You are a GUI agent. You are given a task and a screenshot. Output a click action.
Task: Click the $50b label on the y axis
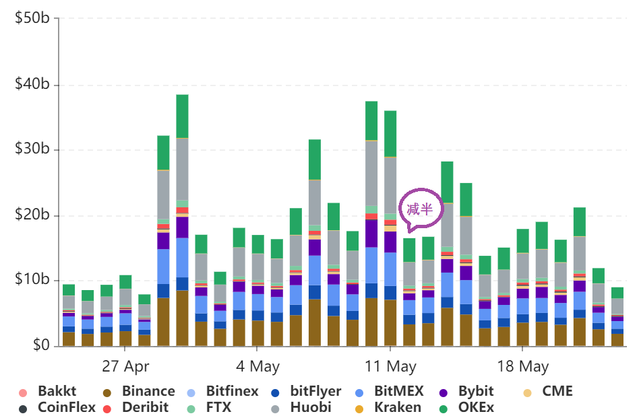[32, 18]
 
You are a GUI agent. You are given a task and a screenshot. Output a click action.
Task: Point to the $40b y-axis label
[32, 84]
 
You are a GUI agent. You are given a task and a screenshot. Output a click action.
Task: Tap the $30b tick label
[32, 149]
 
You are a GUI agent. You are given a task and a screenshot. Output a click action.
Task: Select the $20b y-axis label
[32, 215]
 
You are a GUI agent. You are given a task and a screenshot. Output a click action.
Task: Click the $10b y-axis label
[32, 280]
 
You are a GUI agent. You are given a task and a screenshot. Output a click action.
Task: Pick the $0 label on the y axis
[39, 345]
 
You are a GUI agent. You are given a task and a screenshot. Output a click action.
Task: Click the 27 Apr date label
[125, 367]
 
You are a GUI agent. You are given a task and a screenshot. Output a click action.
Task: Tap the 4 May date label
[257, 367]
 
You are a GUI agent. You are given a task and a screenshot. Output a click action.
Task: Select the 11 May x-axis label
[391, 367]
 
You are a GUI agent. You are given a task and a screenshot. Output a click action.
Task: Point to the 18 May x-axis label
[522, 367]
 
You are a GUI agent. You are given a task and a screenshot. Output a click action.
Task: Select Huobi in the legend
[311, 407]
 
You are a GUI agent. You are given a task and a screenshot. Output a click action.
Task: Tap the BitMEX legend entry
[398, 391]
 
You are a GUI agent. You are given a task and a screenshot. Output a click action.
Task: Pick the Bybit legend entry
[475, 391]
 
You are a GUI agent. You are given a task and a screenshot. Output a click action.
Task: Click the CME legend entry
[557, 391]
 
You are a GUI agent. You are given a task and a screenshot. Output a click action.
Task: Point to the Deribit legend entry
[144, 407]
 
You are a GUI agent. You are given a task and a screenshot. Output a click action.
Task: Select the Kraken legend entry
[397, 407]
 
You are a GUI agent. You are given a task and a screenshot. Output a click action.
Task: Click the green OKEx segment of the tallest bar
[182, 116]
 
